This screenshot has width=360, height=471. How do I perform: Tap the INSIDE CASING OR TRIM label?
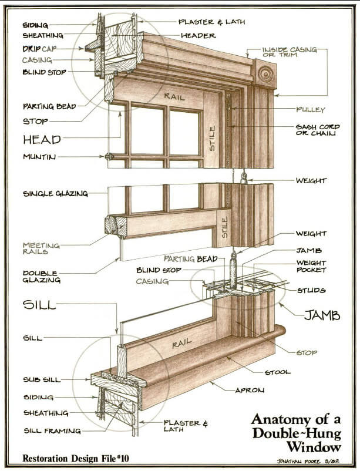[289, 52]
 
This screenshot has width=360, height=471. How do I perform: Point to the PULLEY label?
[311, 110]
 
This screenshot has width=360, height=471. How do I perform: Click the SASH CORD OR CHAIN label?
[315, 130]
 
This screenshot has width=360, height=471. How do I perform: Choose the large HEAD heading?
[42, 139]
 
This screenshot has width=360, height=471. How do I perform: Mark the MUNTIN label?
[40, 157]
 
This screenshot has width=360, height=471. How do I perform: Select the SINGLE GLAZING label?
[55, 193]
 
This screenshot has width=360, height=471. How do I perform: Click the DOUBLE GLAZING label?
[41, 277]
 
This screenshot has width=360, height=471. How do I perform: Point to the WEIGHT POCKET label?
[311, 266]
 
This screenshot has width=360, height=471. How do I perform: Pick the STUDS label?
[311, 291]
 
